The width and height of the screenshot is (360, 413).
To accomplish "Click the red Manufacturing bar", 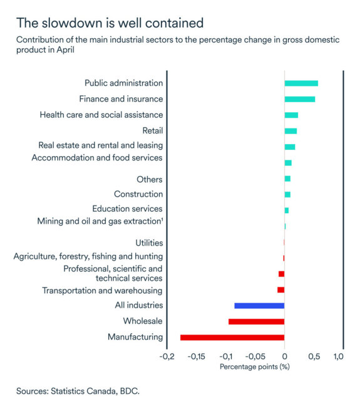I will click(232, 337).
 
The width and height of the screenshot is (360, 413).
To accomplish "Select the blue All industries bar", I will click(259, 305).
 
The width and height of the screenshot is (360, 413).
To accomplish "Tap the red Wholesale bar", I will click(256, 322).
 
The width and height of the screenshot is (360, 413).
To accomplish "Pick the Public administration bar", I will click(301, 83).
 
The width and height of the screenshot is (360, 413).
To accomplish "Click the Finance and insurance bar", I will click(300, 99).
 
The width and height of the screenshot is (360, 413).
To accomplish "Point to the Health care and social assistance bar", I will click(291, 115).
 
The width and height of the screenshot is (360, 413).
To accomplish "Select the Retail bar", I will click(291, 131).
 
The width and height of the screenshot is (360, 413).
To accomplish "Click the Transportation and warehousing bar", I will click(281, 290).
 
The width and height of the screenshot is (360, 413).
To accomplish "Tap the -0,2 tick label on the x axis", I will click(167, 357).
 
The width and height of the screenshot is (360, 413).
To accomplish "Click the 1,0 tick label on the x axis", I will click(338, 357).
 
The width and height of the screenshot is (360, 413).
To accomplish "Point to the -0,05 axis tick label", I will click(255, 357).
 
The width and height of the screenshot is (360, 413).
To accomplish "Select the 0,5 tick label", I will click(314, 357).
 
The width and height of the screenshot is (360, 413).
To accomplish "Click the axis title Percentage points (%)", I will click(254, 367).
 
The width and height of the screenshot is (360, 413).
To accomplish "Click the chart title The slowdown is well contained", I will click(110, 23).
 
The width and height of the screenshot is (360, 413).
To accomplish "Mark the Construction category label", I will click(138, 194).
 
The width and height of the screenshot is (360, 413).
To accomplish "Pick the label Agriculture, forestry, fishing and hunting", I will click(88, 256).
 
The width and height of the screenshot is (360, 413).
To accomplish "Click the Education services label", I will click(127, 209).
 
